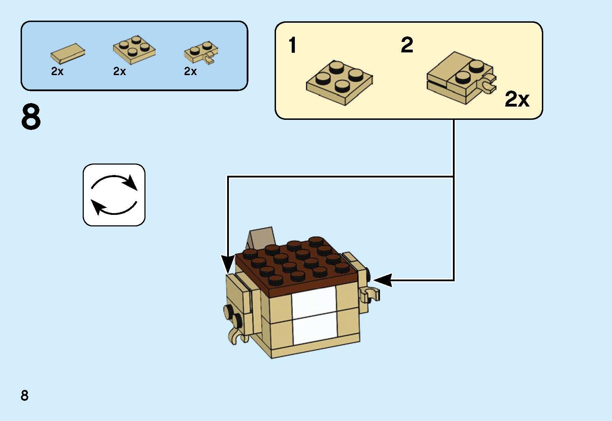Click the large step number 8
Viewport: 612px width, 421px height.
click(x=31, y=117)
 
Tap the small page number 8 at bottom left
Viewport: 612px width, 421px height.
click(x=24, y=396)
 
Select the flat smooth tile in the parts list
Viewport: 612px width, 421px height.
click(x=68, y=53)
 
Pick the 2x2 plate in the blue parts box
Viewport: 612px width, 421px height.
click(x=134, y=49)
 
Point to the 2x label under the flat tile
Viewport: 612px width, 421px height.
click(x=57, y=72)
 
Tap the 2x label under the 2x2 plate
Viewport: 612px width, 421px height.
click(x=119, y=72)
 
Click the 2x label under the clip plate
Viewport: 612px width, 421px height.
click(x=190, y=72)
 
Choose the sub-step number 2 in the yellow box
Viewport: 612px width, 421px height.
click(x=407, y=45)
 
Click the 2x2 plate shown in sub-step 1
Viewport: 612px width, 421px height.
click(x=339, y=82)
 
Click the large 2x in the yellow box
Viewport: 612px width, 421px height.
click(x=517, y=100)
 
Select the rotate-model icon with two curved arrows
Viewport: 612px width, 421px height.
click(x=114, y=195)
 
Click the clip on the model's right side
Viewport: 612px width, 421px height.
click(x=370, y=294)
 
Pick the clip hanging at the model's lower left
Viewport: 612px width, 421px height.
click(x=237, y=336)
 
